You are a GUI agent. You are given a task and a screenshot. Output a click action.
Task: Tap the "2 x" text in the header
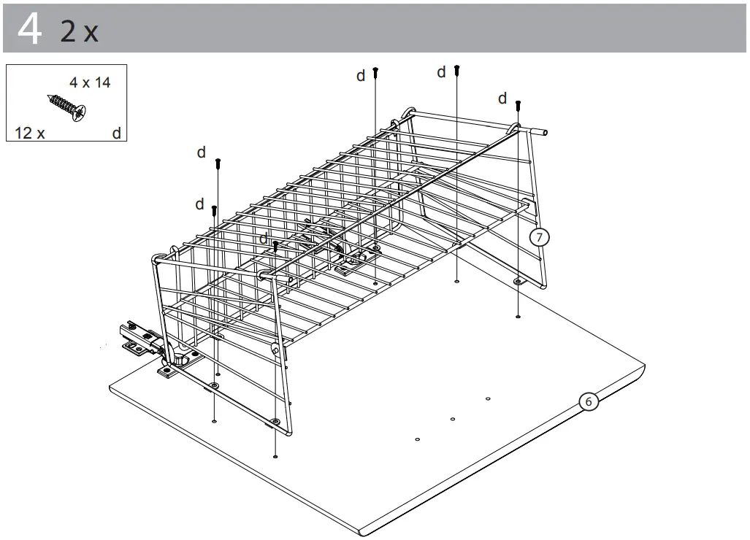pyautogui.click(x=79, y=31)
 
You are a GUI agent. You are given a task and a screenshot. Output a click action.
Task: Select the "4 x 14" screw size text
pyautogui.click(x=90, y=82)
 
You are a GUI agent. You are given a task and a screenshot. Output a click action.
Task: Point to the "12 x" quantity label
pyautogui.click(x=30, y=133)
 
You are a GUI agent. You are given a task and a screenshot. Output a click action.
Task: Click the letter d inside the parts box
pyautogui.click(x=116, y=133)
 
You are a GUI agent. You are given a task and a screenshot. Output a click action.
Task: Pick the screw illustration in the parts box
pyautogui.click(x=66, y=107)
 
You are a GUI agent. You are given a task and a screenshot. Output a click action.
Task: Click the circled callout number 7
pyautogui.click(x=539, y=237)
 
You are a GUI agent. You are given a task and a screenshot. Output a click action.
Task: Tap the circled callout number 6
pyautogui.click(x=588, y=401)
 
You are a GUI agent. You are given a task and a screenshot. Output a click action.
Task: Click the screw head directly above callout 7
pyautogui.click(x=518, y=105)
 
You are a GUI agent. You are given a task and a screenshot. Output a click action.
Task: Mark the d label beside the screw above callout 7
pyautogui.click(x=502, y=99)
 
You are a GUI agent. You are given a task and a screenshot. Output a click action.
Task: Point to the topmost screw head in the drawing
pyautogui.click(x=457, y=69)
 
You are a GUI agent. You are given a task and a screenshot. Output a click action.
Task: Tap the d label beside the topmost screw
pyautogui.click(x=441, y=72)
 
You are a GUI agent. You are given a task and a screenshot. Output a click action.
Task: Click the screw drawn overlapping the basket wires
pyautogui.click(x=275, y=246)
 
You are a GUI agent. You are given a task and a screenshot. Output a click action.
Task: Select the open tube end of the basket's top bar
pyautogui.click(x=544, y=133)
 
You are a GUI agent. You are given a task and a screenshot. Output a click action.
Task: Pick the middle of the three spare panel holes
pyautogui.click(x=453, y=420)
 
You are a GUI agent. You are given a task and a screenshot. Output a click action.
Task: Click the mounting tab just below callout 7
pyautogui.click(x=518, y=281)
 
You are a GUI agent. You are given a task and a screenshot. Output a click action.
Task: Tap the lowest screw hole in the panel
pyautogui.click(x=275, y=456)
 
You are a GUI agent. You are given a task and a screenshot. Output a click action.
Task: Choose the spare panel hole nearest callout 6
pyautogui.click(x=488, y=398)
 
